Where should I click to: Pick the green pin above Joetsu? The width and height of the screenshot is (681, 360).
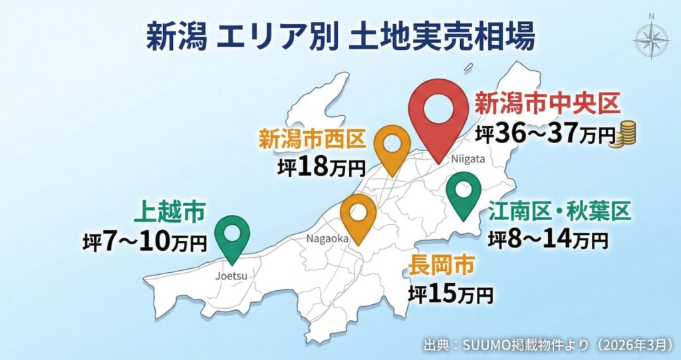233,236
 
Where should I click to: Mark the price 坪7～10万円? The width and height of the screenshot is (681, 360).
145,242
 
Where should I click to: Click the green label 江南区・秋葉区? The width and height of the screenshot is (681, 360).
559,212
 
